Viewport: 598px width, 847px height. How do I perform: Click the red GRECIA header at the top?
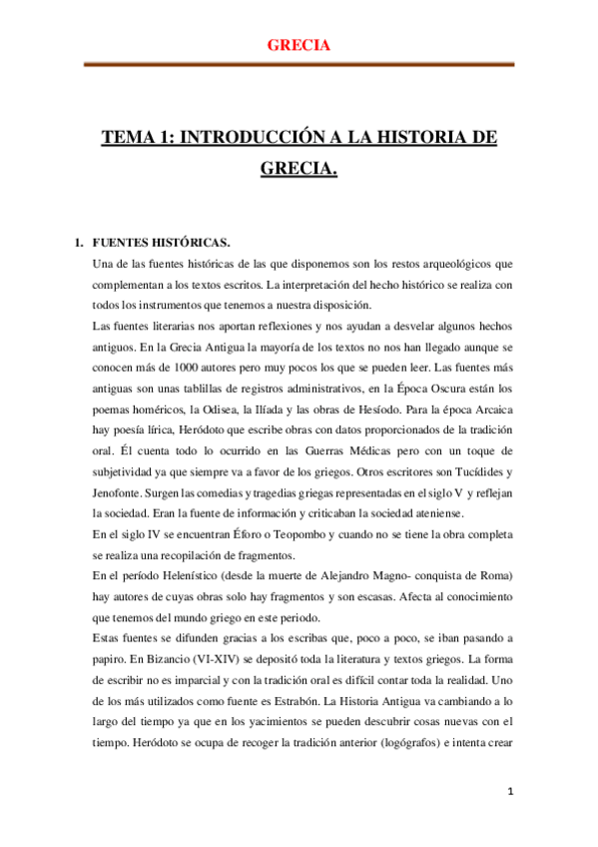click(x=299, y=45)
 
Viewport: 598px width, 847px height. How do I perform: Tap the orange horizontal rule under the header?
click(x=299, y=64)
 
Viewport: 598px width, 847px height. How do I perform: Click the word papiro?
click(x=113, y=657)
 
